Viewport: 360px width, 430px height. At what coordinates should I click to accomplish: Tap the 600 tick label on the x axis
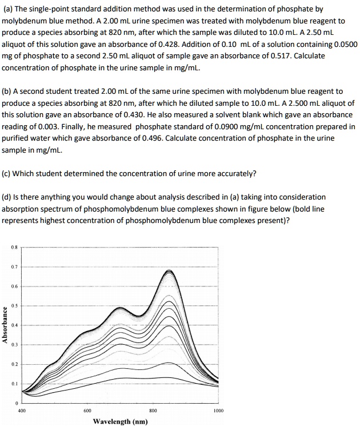tap(87, 410)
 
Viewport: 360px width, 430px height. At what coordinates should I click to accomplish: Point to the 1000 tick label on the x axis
tap(218, 410)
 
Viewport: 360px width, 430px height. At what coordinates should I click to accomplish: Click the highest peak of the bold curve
tap(170, 270)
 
